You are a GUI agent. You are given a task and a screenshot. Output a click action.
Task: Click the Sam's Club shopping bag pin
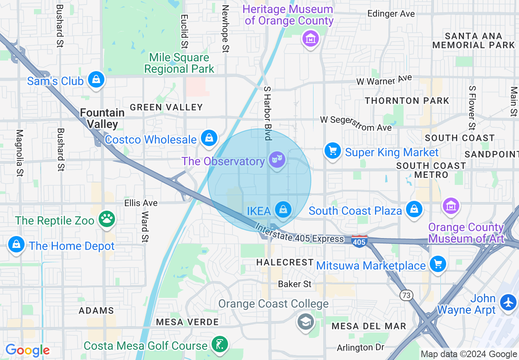tap(96, 79)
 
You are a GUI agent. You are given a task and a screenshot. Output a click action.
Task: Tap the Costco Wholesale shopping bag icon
tap(209, 138)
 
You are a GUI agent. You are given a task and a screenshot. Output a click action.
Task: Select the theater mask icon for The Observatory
tap(277, 160)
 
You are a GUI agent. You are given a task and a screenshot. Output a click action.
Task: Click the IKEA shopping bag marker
tap(283, 210)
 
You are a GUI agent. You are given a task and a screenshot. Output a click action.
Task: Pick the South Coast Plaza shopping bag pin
tap(414, 209)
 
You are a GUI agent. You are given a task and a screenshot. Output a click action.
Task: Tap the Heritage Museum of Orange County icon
tap(311, 39)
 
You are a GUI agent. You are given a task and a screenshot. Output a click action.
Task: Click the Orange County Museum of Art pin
tap(451, 206)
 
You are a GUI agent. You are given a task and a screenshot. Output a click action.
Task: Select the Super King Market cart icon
tap(332, 151)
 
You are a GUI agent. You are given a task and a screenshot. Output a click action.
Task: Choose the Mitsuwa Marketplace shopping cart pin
tap(438, 264)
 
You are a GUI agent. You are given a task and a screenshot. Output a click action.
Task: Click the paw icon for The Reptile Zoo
tap(107, 219)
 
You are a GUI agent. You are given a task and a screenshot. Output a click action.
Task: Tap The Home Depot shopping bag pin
tap(16, 245)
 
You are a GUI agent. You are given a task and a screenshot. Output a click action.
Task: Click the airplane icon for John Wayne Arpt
tap(509, 303)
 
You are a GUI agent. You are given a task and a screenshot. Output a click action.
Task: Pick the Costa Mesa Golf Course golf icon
tap(219, 344)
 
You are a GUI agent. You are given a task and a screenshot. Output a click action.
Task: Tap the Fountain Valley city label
tap(102, 118)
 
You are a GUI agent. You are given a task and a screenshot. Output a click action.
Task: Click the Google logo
tap(27, 351)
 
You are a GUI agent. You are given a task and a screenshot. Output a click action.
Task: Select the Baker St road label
tap(295, 284)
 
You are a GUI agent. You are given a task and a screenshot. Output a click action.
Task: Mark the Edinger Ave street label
tap(391, 13)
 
